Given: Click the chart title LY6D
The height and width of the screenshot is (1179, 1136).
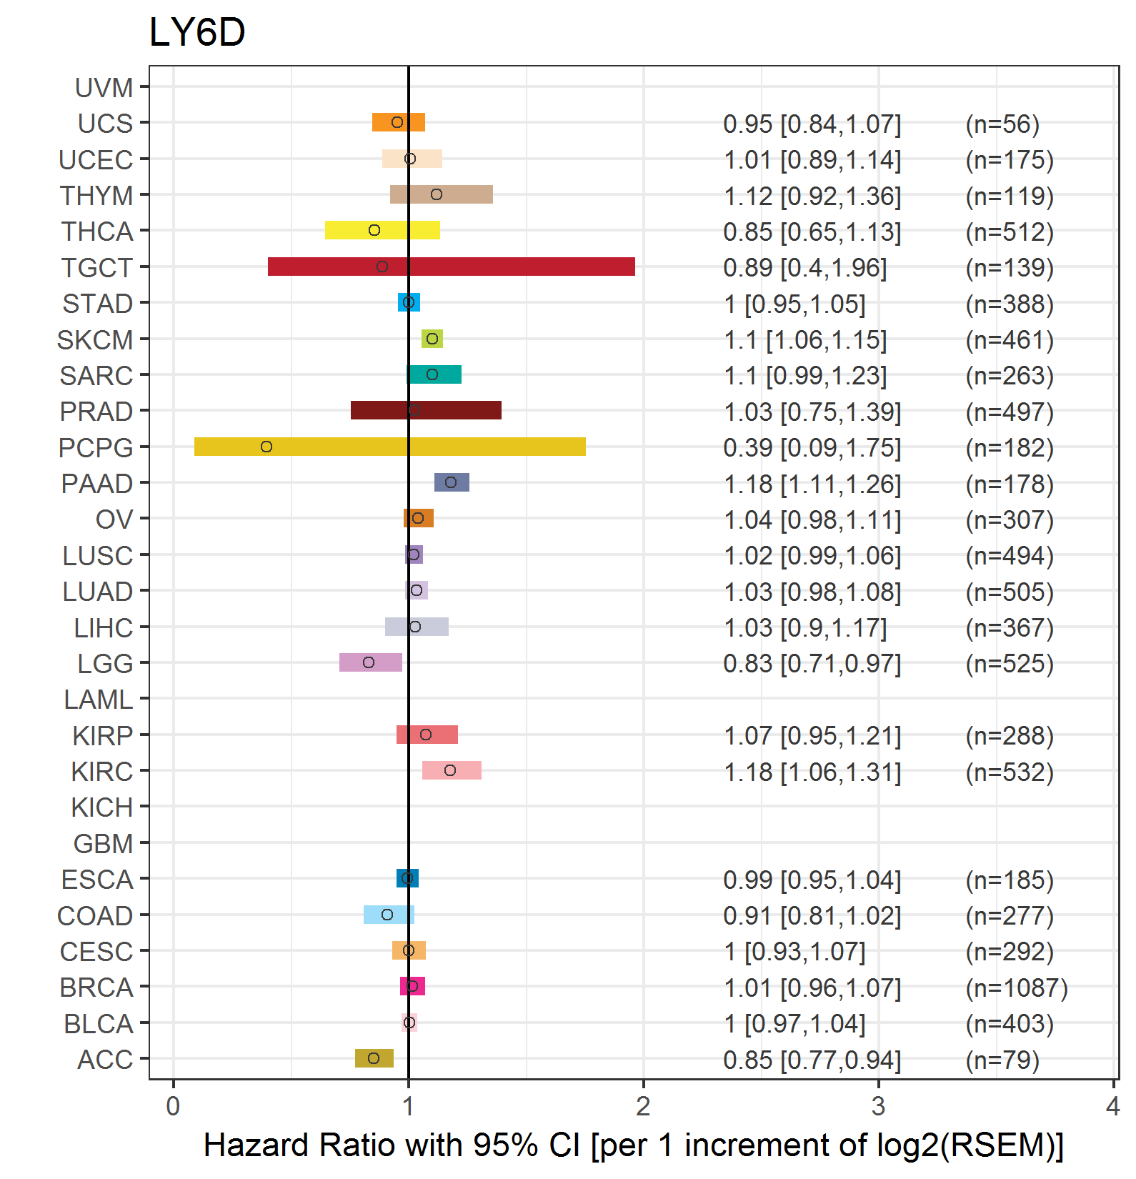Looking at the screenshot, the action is point(197,32).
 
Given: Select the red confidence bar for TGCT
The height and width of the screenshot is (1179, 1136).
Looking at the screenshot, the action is point(452,267).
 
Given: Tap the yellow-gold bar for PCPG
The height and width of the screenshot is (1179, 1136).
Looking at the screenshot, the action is point(390,447).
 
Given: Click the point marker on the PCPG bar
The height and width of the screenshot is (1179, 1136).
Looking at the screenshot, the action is point(266,447).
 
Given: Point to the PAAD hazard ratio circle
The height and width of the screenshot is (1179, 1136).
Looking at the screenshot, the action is point(451,482).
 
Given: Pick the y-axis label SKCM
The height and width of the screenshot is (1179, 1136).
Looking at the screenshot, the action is point(95,340).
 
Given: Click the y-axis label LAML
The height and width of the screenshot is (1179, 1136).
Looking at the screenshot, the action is point(99,700).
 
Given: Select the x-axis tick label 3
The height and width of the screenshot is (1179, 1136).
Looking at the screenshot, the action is point(878,1106).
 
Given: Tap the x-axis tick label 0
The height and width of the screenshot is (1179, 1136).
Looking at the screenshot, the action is point(173,1106).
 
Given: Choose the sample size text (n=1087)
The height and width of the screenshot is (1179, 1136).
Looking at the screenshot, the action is point(1017,988).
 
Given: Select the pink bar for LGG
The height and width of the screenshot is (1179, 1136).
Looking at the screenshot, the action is point(371,662).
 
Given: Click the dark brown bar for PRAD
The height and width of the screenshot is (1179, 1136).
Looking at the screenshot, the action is point(426,410).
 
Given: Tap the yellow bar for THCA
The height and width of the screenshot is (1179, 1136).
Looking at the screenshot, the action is point(382,230).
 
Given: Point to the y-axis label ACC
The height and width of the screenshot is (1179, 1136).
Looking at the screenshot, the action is point(105,1060).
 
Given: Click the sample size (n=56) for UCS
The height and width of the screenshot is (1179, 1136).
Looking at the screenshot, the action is point(1002,124).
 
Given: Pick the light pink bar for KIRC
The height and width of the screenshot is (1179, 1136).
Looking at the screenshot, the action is point(452,770).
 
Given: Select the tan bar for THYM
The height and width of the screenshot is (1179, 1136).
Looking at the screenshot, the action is point(442,194).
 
